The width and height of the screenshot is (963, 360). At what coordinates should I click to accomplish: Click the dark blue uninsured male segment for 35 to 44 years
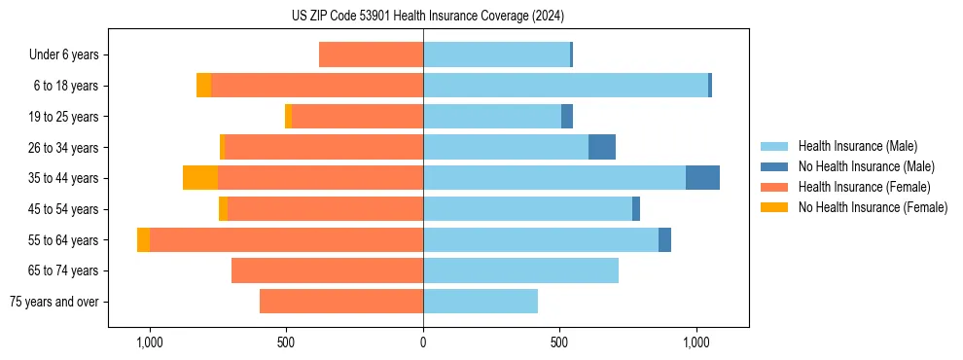click(x=702, y=178)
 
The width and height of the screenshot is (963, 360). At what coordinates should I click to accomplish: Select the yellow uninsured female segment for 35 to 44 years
click(x=200, y=178)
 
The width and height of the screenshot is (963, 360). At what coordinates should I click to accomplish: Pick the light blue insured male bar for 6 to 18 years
click(x=565, y=86)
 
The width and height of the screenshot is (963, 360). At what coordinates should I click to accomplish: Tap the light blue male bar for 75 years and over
click(x=481, y=302)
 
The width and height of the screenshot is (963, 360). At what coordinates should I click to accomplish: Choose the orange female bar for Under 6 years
click(x=371, y=55)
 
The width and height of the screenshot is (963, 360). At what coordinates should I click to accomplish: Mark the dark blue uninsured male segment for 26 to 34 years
click(x=602, y=147)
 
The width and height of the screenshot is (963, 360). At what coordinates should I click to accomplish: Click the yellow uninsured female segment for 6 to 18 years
click(x=203, y=86)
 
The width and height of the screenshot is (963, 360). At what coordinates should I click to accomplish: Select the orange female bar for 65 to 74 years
click(x=327, y=270)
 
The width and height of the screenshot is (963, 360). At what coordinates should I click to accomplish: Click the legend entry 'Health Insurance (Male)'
click(x=857, y=146)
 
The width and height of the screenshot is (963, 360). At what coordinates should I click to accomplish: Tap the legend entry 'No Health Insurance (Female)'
click(x=873, y=207)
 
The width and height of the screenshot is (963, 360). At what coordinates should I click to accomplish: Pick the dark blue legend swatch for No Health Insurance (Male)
click(x=774, y=166)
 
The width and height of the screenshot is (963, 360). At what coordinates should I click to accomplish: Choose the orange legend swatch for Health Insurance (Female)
click(x=774, y=187)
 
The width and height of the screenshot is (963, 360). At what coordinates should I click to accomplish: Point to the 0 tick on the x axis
click(x=423, y=342)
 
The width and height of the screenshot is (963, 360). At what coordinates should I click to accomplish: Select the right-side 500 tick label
click(x=559, y=342)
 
